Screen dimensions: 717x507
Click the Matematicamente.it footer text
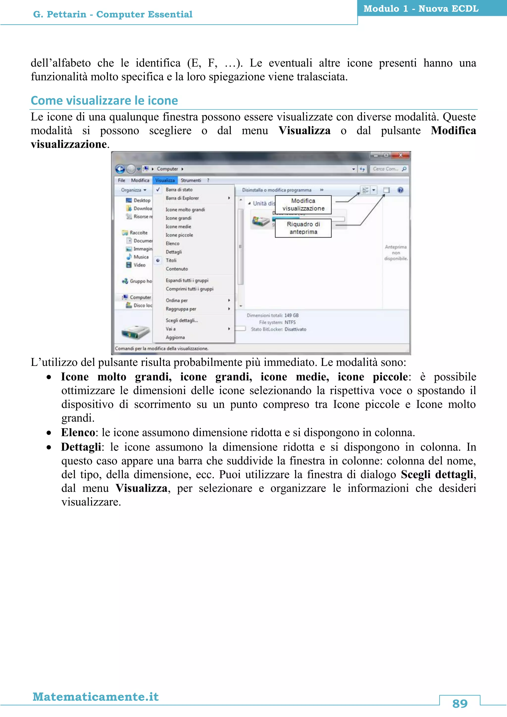point(96,697)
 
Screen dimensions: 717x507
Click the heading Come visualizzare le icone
point(104,101)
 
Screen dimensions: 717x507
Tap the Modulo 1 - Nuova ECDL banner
point(421,8)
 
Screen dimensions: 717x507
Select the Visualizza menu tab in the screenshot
point(165,180)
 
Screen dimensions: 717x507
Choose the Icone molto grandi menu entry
point(185,209)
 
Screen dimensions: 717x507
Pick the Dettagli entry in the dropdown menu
point(174,252)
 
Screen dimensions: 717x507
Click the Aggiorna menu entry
point(175,337)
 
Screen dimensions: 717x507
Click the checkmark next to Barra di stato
point(158,189)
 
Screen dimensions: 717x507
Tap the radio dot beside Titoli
point(158,260)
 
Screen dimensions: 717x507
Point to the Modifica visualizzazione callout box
point(303,205)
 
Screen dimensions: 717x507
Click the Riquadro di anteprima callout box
point(303,228)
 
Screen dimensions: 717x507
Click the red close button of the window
point(400,155)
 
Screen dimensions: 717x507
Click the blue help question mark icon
point(400,190)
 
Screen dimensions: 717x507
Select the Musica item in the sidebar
point(141,257)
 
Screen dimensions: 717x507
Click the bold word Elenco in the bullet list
point(78,433)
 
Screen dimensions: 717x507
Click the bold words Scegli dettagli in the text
point(437,474)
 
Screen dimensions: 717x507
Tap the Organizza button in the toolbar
point(133,190)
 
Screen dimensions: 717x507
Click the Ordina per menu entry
point(177,300)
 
